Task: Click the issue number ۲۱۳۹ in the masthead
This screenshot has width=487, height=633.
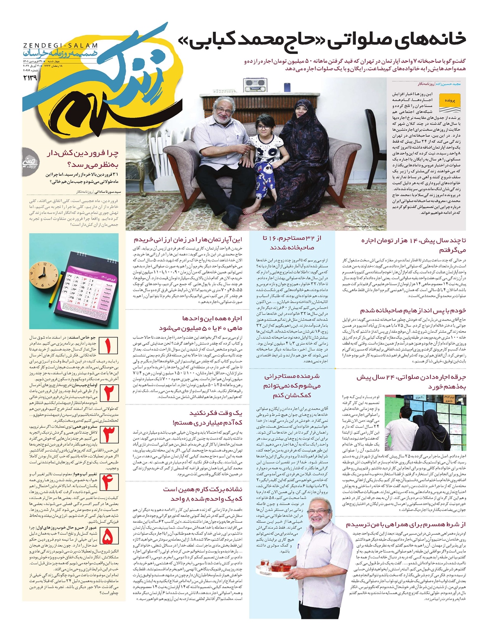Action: (30, 77)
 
